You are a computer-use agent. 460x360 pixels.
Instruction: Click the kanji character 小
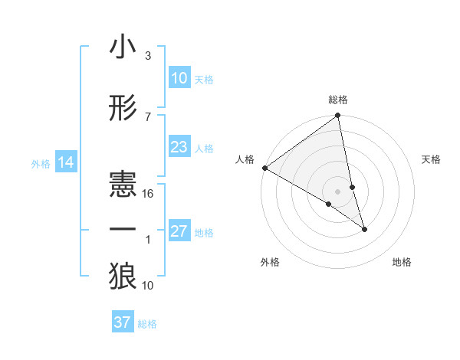(x=123, y=47)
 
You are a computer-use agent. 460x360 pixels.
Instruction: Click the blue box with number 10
(x=179, y=78)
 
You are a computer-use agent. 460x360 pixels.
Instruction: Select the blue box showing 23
(x=179, y=147)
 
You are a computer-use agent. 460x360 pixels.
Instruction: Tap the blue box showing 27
(x=179, y=231)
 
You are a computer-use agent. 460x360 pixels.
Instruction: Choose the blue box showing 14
(x=66, y=162)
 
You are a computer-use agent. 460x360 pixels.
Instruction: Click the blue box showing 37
(x=123, y=322)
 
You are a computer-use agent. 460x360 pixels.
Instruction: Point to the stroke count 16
(x=149, y=193)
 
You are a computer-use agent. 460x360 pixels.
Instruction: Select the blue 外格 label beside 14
(x=41, y=163)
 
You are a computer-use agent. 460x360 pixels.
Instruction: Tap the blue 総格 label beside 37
(x=147, y=323)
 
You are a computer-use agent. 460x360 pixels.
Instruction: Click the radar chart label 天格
(x=431, y=159)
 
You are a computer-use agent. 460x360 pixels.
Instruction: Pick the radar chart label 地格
(x=402, y=262)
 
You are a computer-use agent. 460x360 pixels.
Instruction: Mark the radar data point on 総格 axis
(x=338, y=116)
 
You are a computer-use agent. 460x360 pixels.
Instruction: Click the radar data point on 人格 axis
(x=265, y=168)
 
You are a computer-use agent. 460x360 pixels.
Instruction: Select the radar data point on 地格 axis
(x=364, y=229)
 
